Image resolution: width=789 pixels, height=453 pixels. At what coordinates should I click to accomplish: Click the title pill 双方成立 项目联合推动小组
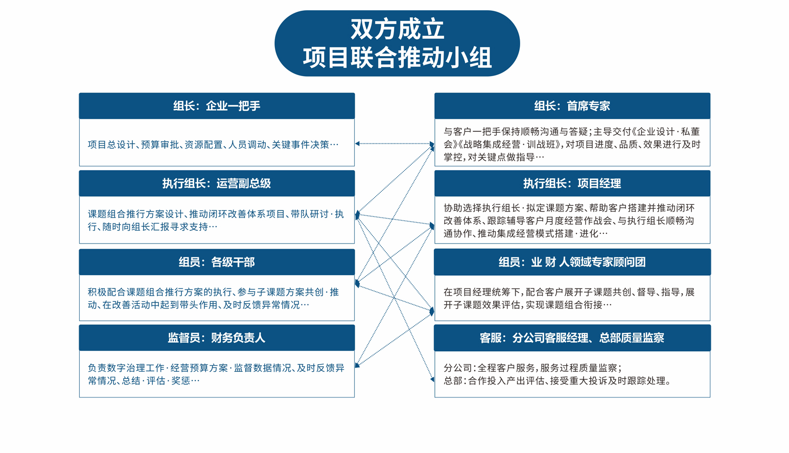coord(397,43)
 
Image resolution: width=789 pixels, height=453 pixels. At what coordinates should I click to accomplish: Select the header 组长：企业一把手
coord(217,106)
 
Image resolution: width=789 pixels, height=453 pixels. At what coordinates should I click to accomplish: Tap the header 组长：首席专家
coord(572,106)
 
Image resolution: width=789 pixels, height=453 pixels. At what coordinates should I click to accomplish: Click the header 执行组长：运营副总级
coord(217,183)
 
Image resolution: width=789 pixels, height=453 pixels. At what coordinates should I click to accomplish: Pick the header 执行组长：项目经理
coord(572,183)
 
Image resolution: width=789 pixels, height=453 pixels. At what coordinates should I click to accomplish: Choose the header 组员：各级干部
coord(217,262)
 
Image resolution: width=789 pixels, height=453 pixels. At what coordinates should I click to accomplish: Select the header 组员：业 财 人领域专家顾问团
coord(572,262)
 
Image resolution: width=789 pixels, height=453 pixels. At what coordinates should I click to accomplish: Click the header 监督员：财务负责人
coord(217,338)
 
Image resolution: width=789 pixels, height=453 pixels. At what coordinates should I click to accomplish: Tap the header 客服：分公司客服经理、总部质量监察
coord(572,338)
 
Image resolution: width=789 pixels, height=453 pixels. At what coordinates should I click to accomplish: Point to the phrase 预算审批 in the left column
coord(160,145)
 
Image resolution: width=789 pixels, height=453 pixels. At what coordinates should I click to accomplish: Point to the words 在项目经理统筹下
coord(482,292)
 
